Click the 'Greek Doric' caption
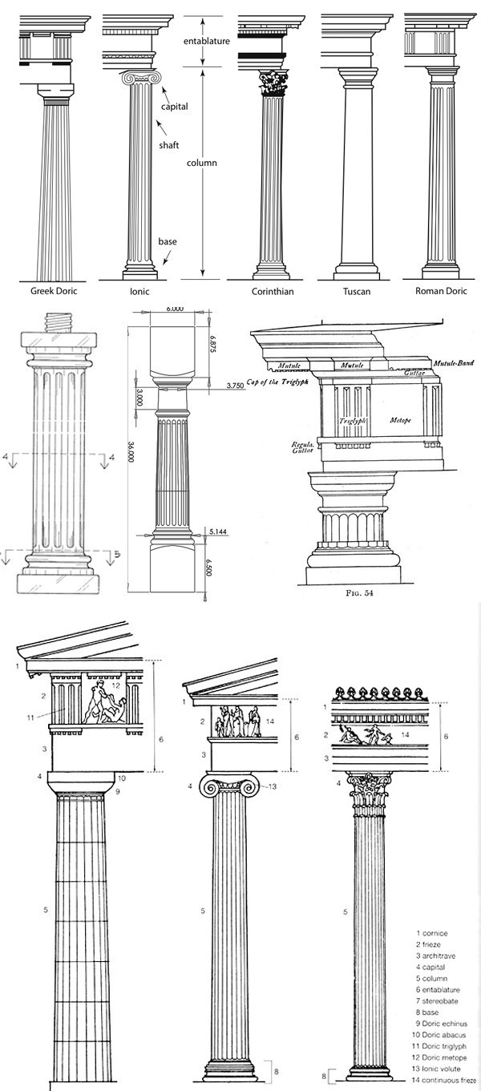[x=54, y=292]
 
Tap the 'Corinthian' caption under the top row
[x=272, y=292]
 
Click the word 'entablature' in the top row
[x=207, y=40]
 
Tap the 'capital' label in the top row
[x=174, y=106]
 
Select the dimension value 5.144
[x=215, y=531]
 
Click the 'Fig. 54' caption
[x=353, y=595]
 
